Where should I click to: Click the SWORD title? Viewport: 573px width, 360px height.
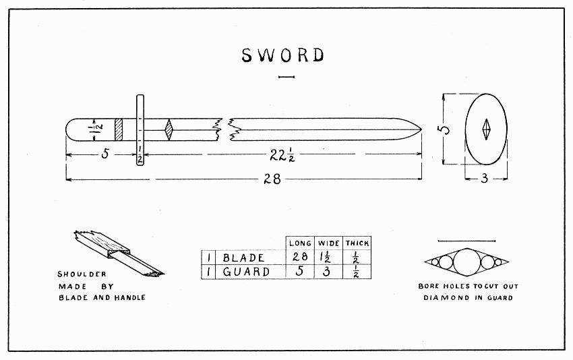coord(283,55)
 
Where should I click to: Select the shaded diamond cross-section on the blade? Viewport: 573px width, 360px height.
coord(170,128)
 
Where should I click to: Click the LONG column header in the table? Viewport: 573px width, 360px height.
coord(299,243)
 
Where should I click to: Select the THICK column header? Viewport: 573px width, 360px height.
coord(357,243)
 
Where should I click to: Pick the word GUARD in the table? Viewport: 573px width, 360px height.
coord(246,272)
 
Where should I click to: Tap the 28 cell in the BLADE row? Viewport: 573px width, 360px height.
coord(299,257)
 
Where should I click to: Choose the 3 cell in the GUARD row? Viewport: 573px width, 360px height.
coord(328,272)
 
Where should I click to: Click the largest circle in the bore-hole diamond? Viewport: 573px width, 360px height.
coord(466,262)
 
